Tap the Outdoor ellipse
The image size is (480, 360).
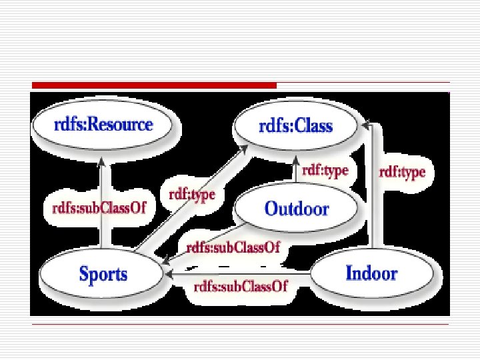(297, 209)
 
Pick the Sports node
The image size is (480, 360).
(103, 273)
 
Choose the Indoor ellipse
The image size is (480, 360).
(371, 273)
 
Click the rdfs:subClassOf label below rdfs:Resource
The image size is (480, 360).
(99, 207)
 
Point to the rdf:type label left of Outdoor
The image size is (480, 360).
(192, 194)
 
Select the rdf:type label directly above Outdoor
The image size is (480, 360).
(325, 171)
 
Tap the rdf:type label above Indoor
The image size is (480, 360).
(402, 173)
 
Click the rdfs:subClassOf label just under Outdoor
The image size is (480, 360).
(233, 247)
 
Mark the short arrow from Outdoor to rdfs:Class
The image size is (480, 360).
(297, 171)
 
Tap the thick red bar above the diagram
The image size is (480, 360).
(153, 85)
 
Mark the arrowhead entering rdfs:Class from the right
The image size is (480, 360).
(365, 124)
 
